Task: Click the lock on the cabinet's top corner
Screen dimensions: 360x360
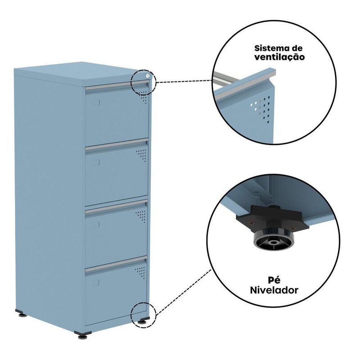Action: click(148, 76)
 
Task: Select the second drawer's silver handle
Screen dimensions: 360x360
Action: click(117, 144)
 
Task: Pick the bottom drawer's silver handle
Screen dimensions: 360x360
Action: click(116, 265)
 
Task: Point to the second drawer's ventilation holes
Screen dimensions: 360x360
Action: click(141, 155)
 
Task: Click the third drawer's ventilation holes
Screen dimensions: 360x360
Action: click(141, 216)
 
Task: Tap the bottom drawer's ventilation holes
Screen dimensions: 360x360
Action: click(140, 273)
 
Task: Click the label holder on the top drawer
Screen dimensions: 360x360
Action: click(96, 103)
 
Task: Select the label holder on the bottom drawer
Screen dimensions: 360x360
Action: click(96, 283)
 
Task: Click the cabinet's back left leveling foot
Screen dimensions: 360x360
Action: click(22, 313)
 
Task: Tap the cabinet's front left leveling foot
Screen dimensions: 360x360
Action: click(83, 335)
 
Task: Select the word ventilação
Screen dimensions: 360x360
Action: click(279, 57)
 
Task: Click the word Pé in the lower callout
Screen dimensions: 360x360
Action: click(274, 279)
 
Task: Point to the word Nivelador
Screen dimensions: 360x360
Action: click(274, 290)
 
